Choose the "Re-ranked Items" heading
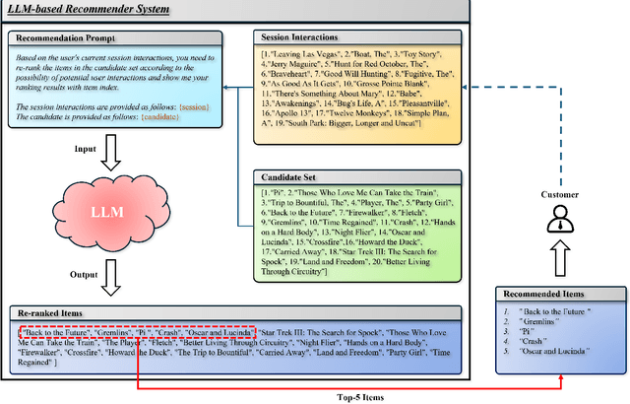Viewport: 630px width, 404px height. tap(52, 311)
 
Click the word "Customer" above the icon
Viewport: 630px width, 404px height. tap(560, 195)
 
